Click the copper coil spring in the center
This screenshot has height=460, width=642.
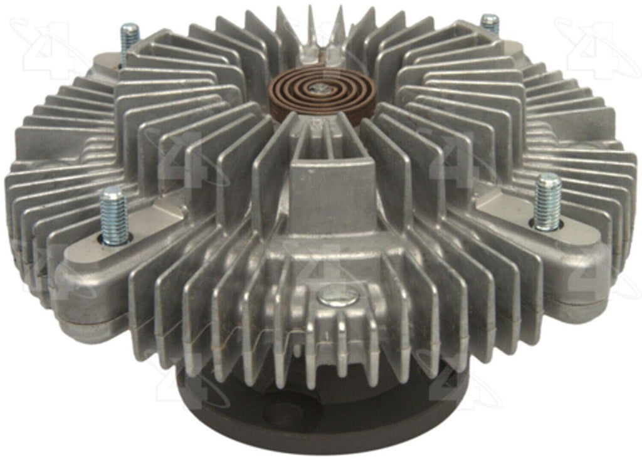tap(325, 93)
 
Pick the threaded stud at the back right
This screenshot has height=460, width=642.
tap(490, 25)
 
